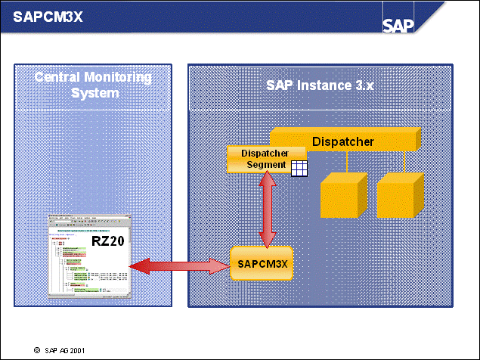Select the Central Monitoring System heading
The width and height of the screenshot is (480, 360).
[93, 85]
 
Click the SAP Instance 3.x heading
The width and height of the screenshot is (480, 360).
[320, 85]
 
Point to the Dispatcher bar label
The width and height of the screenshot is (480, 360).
[343, 141]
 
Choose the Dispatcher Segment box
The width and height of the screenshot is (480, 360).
[259, 159]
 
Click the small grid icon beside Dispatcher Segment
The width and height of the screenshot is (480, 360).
[299, 169]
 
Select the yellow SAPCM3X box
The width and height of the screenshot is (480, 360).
[260, 265]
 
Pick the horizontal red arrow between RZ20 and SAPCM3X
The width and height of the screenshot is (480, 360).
[178, 265]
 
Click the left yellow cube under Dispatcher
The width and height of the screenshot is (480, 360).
[342, 195]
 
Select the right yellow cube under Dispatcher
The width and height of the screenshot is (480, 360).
[398, 195]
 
